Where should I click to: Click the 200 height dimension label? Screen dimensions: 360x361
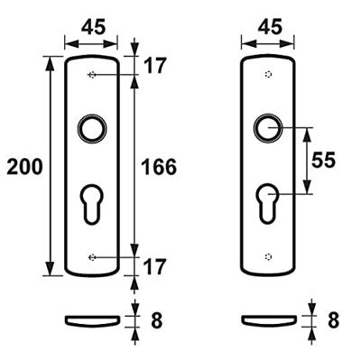pyautogui.click(x=22, y=166)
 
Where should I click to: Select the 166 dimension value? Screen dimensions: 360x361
pyautogui.click(x=159, y=167)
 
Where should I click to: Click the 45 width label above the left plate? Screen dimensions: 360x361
pyautogui.click(x=92, y=28)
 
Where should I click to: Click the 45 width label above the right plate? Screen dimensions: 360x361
pyautogui.click(x=268, y=28)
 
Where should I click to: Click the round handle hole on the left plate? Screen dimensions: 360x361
pyautogui.click(x=92, y=128)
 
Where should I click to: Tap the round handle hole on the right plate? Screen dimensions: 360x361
pyautogui.click(x=267, y=128)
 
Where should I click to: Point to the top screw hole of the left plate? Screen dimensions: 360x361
pyautogui.click(x=92, y=77)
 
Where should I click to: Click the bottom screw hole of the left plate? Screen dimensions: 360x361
pyautogui.click(x=92, y=257)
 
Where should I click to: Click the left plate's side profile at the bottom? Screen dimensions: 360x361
pyautogui.click(x=92, y=319)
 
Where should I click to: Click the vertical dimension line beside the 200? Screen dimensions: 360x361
pyautogui.click(x=50, y=166)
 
